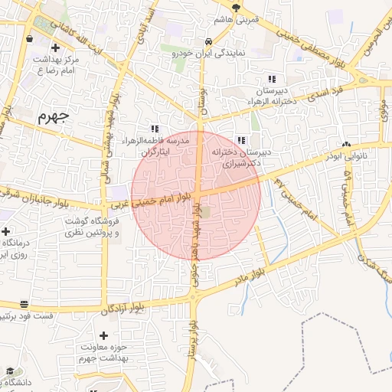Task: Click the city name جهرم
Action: click(53, 117)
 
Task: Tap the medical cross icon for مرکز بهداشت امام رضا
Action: click(54, 48)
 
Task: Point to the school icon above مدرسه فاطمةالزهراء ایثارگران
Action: click(155, 129)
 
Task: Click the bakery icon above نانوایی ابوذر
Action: click(347, 144)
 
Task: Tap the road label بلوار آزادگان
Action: click(123, 308)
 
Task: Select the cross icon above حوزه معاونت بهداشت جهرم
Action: click(104, 335)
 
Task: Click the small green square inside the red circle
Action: click(204, 211)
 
